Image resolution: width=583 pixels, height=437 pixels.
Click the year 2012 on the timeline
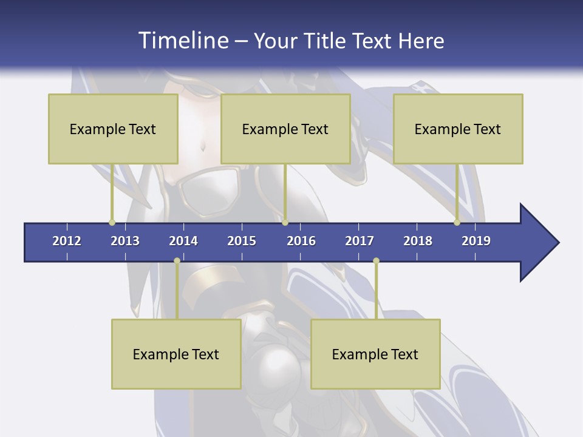pyautogui.click(x=67, y=241)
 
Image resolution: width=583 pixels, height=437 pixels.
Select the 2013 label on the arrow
pyautogui.click(x=125, y=241)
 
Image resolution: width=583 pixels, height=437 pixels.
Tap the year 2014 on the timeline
pyautogui.click(x=183, y=241)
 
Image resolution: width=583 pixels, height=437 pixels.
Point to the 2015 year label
pyautogui.click(x=242, y=241)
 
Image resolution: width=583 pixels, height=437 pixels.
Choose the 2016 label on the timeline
pyautogui.click(x=301, y=241)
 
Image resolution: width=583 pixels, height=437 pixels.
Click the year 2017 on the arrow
pyautogui.click(x=360, y=241)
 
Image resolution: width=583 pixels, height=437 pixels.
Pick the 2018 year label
pyautogui.click(x=418, y=241)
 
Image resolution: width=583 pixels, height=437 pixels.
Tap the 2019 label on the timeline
pyautogui.click(x=476, y=241)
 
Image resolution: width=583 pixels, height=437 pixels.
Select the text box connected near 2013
pyautogui.click(x=113, y=129)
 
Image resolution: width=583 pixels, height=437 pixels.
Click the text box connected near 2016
pyautogui.click(x=285, y=129)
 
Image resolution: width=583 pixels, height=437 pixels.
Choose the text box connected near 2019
pyautogui.click(x=458, y=129)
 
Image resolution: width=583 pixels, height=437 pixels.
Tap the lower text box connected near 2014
pyautogui.click(x=176, y=354)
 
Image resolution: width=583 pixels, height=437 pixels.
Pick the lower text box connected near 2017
pyautogui.click(x=375, y=354)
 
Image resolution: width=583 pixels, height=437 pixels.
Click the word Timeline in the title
pyautogui.click(x=182, y=41)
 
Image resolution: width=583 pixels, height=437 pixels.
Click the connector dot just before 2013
pyautogui.click(x=112, y=222)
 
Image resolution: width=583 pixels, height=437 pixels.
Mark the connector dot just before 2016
pyautogui.click(x=285, y=222)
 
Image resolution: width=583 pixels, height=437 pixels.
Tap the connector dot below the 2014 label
pyautogui.click(x=177, y=260)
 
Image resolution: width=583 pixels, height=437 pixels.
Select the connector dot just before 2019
pyautogui.click(x=457, y=222)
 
